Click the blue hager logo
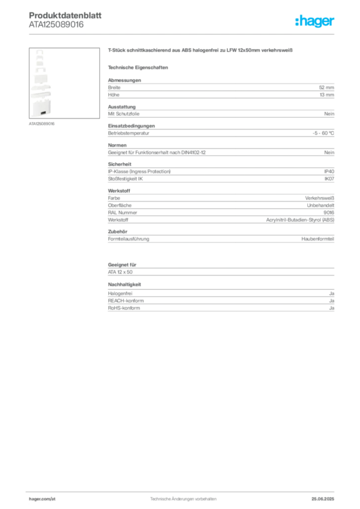point(315,21)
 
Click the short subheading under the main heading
point(139,67)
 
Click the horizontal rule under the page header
point(183,34)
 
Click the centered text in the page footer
point(183,496)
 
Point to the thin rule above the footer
point(183,490)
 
